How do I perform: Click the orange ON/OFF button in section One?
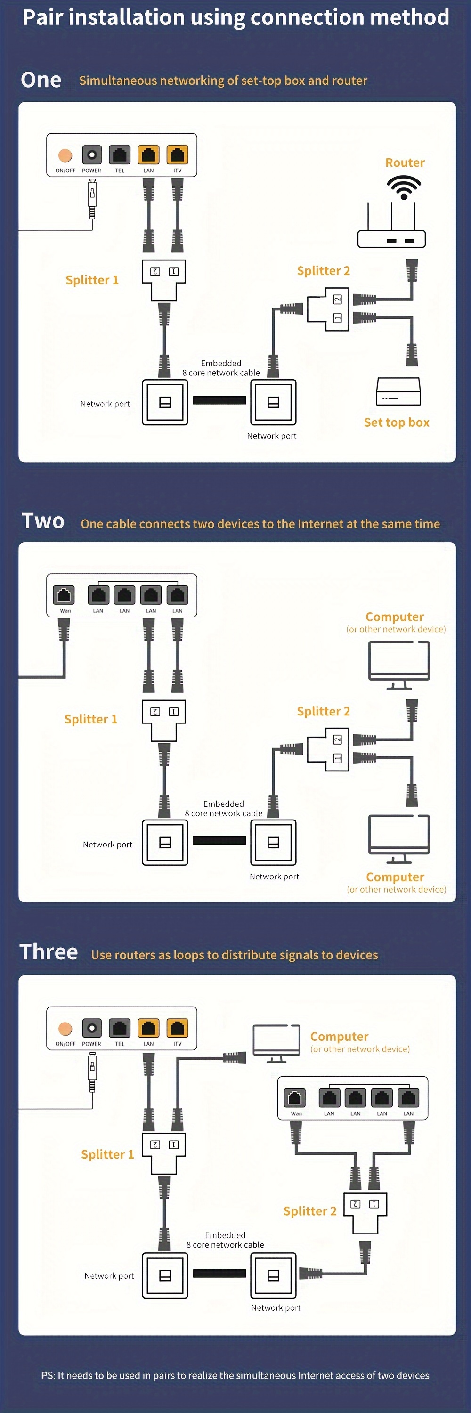pos(65,155)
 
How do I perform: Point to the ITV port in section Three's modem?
pos(177,1027)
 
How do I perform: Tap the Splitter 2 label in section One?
pos(323,270)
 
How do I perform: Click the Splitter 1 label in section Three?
pos(107,1154)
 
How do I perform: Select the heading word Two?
pos(43,520)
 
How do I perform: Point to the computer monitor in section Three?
pos(276,1042)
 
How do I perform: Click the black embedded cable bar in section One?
pos(219,400)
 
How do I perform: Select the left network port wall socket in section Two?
pos(165,843)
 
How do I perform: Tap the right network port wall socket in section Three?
pos(273,1275)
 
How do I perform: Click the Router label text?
pos(405,162)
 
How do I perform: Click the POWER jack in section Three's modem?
pos(91,1027)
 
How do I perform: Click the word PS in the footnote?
pos(48,1375)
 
